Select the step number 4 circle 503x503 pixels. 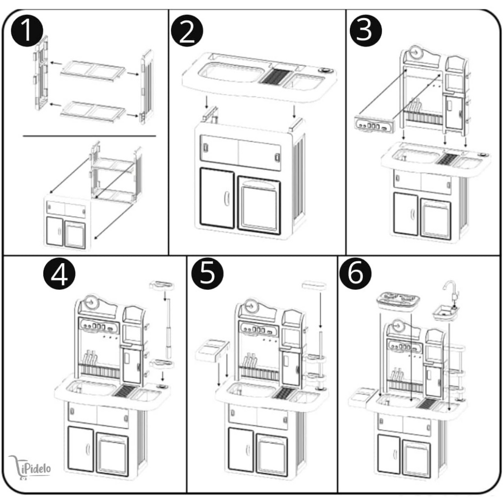tap(59, 275)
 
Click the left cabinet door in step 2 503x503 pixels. tap(217, 198)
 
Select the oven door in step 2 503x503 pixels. tap(259, 202)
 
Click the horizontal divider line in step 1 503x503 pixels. tap(89, 136)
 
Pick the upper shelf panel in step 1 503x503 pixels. tap(93, 68)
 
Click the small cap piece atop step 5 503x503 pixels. tap(314, 284)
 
